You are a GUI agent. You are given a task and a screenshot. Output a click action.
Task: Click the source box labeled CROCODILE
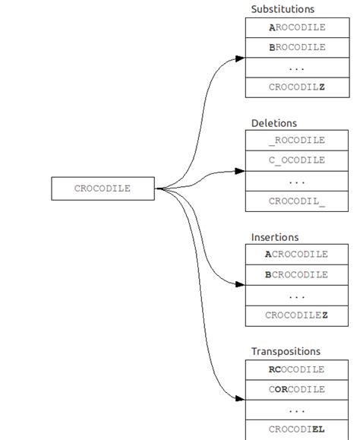point(103,188)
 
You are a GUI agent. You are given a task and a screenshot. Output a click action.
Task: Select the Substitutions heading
point(283,9)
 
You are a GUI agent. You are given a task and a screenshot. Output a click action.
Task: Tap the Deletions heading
point(274,123)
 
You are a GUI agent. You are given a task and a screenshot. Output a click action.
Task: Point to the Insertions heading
point(275,237)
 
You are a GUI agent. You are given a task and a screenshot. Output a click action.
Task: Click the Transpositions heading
point(286,351)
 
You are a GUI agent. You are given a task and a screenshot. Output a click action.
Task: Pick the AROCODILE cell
point(297,27)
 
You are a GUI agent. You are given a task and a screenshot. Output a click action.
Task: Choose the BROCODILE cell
point(297,47)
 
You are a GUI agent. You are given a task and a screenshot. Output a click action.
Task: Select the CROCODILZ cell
point(297,87)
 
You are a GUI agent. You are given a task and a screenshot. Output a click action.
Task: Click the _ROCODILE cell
point(297,141)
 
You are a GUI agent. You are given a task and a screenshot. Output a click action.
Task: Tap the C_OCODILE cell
point(297,160)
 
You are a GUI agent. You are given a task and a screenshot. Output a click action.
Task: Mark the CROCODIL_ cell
point(297,201)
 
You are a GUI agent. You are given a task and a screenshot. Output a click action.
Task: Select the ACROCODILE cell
point(297,255)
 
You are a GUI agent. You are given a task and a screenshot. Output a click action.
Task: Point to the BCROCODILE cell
point(297,274)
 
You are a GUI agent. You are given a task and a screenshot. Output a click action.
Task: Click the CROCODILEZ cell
point(297,315)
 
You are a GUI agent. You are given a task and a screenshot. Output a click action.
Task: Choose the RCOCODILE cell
point(297,369)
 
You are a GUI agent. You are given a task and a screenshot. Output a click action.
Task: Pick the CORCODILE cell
point(297,389)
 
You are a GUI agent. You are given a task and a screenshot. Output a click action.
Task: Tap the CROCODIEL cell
point(297,429)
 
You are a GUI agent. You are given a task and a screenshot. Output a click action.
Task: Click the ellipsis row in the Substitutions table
point(297,68)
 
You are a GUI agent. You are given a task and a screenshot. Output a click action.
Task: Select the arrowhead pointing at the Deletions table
point(240,172)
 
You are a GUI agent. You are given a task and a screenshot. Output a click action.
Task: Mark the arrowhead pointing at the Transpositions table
point(240,398)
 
